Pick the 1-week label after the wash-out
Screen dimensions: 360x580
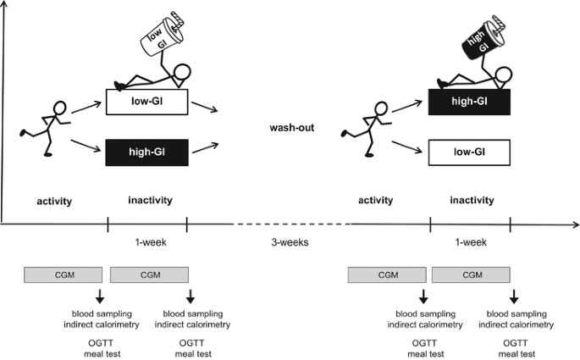click(x=470, y=242)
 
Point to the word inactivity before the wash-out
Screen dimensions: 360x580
click(x=149, y=201)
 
